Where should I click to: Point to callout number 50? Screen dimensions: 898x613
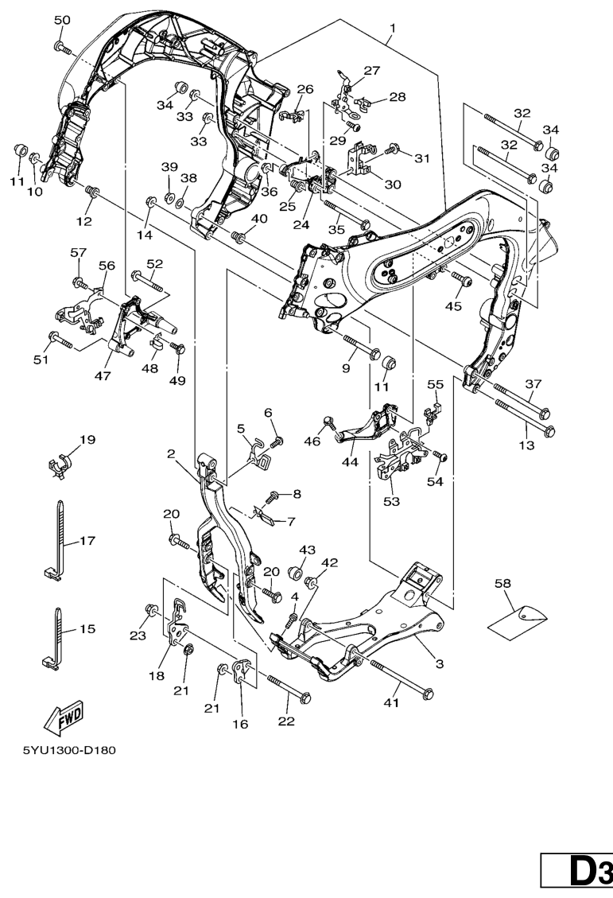point(61,19)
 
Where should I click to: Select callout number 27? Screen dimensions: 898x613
point(372,70)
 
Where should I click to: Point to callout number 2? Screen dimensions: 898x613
point(171,454)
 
